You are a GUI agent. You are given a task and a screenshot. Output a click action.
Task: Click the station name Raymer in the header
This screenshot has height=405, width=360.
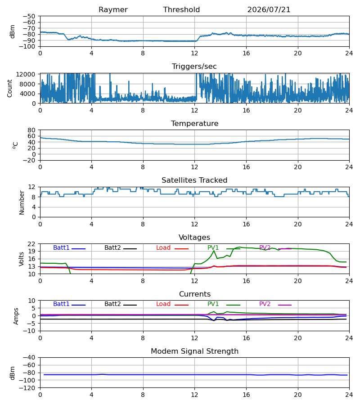pyautogui.click(x=113, y=10)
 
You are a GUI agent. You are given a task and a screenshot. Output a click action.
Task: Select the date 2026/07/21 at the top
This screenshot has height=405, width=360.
pyautogui.click(x=269, y=10)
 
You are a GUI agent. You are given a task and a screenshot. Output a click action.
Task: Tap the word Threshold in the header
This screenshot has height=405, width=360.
pyautogui.click(x=181, y=10)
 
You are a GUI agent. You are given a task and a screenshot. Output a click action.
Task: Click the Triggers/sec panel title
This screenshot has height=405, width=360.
pyautogui.click(x=194, y=67)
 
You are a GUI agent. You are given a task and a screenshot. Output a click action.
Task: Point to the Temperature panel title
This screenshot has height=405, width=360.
pyautogui.click(x=195, y=123)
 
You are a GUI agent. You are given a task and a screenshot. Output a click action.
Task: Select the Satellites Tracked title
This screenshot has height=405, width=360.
pyautogui.click(x=194, y=180)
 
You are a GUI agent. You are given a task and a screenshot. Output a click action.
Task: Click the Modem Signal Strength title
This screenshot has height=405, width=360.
pyautogui.click(x=195, y=351)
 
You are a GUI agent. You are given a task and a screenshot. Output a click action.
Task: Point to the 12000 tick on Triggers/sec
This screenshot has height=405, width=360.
pyautogui.click(x=26, y=74)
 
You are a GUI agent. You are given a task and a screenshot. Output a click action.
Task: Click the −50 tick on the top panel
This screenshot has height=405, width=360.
pyautogui.click(x=29, y=16)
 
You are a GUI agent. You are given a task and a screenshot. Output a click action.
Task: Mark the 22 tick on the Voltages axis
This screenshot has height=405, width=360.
pyautogui.click(x=31, y=244)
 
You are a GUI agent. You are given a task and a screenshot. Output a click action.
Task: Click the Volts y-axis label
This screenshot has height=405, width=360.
pyautogui.click(x=21, y=259)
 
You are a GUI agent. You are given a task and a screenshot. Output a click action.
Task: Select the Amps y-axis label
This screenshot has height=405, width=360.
pyautogui.click(x=16, y=316)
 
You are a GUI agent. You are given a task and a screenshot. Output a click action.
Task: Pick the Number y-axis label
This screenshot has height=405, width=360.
pyautogui.click(x=22, y=202)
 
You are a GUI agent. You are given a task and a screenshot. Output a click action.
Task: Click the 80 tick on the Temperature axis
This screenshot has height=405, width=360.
pyautogui.click(x=31, y=130)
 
